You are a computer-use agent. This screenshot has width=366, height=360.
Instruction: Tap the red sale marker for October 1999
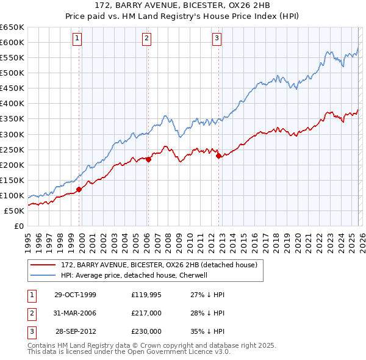tap(79, 189)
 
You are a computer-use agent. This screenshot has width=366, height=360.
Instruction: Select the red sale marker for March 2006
tap(148, 160)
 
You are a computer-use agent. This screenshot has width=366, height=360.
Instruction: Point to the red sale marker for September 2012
tap(218, 156)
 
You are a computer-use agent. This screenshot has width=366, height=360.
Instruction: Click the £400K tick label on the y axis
tap(12, 104)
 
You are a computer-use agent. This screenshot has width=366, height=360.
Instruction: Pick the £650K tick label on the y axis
tap(12, 27)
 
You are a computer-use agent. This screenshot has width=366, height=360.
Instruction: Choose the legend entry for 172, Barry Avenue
tap(160, 265)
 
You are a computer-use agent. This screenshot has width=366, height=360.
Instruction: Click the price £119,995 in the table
tap(146, 295)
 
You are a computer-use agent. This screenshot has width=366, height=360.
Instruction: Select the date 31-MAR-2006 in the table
tap(75, 313)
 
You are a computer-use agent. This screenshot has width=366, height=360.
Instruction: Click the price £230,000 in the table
tap(146, 331)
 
